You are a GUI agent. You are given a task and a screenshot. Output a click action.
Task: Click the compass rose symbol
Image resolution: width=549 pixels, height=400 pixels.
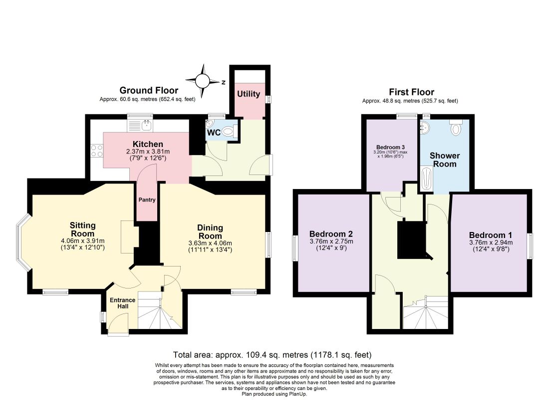202,81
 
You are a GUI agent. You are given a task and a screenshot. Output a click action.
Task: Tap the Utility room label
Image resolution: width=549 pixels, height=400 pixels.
249,94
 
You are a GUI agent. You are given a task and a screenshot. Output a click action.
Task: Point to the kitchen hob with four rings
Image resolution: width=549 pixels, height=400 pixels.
97,151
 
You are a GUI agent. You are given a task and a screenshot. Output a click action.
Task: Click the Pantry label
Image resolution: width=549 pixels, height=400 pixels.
147,199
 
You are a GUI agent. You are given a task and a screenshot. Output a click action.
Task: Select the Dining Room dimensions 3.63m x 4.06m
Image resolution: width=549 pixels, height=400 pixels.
210,243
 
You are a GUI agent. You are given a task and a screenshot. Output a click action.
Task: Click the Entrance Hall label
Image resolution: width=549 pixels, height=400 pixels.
123,303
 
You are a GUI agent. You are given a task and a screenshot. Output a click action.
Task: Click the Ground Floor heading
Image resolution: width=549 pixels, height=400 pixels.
149,90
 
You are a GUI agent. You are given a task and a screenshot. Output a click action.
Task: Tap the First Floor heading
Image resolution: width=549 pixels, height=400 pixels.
412,92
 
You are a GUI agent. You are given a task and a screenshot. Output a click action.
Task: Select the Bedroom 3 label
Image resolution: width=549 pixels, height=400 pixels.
390,147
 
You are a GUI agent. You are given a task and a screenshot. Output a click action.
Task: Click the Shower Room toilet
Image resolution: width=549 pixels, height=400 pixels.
456,127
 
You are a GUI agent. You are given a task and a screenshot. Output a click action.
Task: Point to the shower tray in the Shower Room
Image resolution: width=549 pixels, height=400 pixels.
426,178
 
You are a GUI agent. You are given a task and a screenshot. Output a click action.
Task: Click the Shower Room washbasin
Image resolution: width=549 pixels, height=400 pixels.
424,127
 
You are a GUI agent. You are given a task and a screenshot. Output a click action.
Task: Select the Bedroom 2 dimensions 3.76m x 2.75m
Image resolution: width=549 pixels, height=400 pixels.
331,241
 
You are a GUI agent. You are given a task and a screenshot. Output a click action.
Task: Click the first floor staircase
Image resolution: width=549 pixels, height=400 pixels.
426,312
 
